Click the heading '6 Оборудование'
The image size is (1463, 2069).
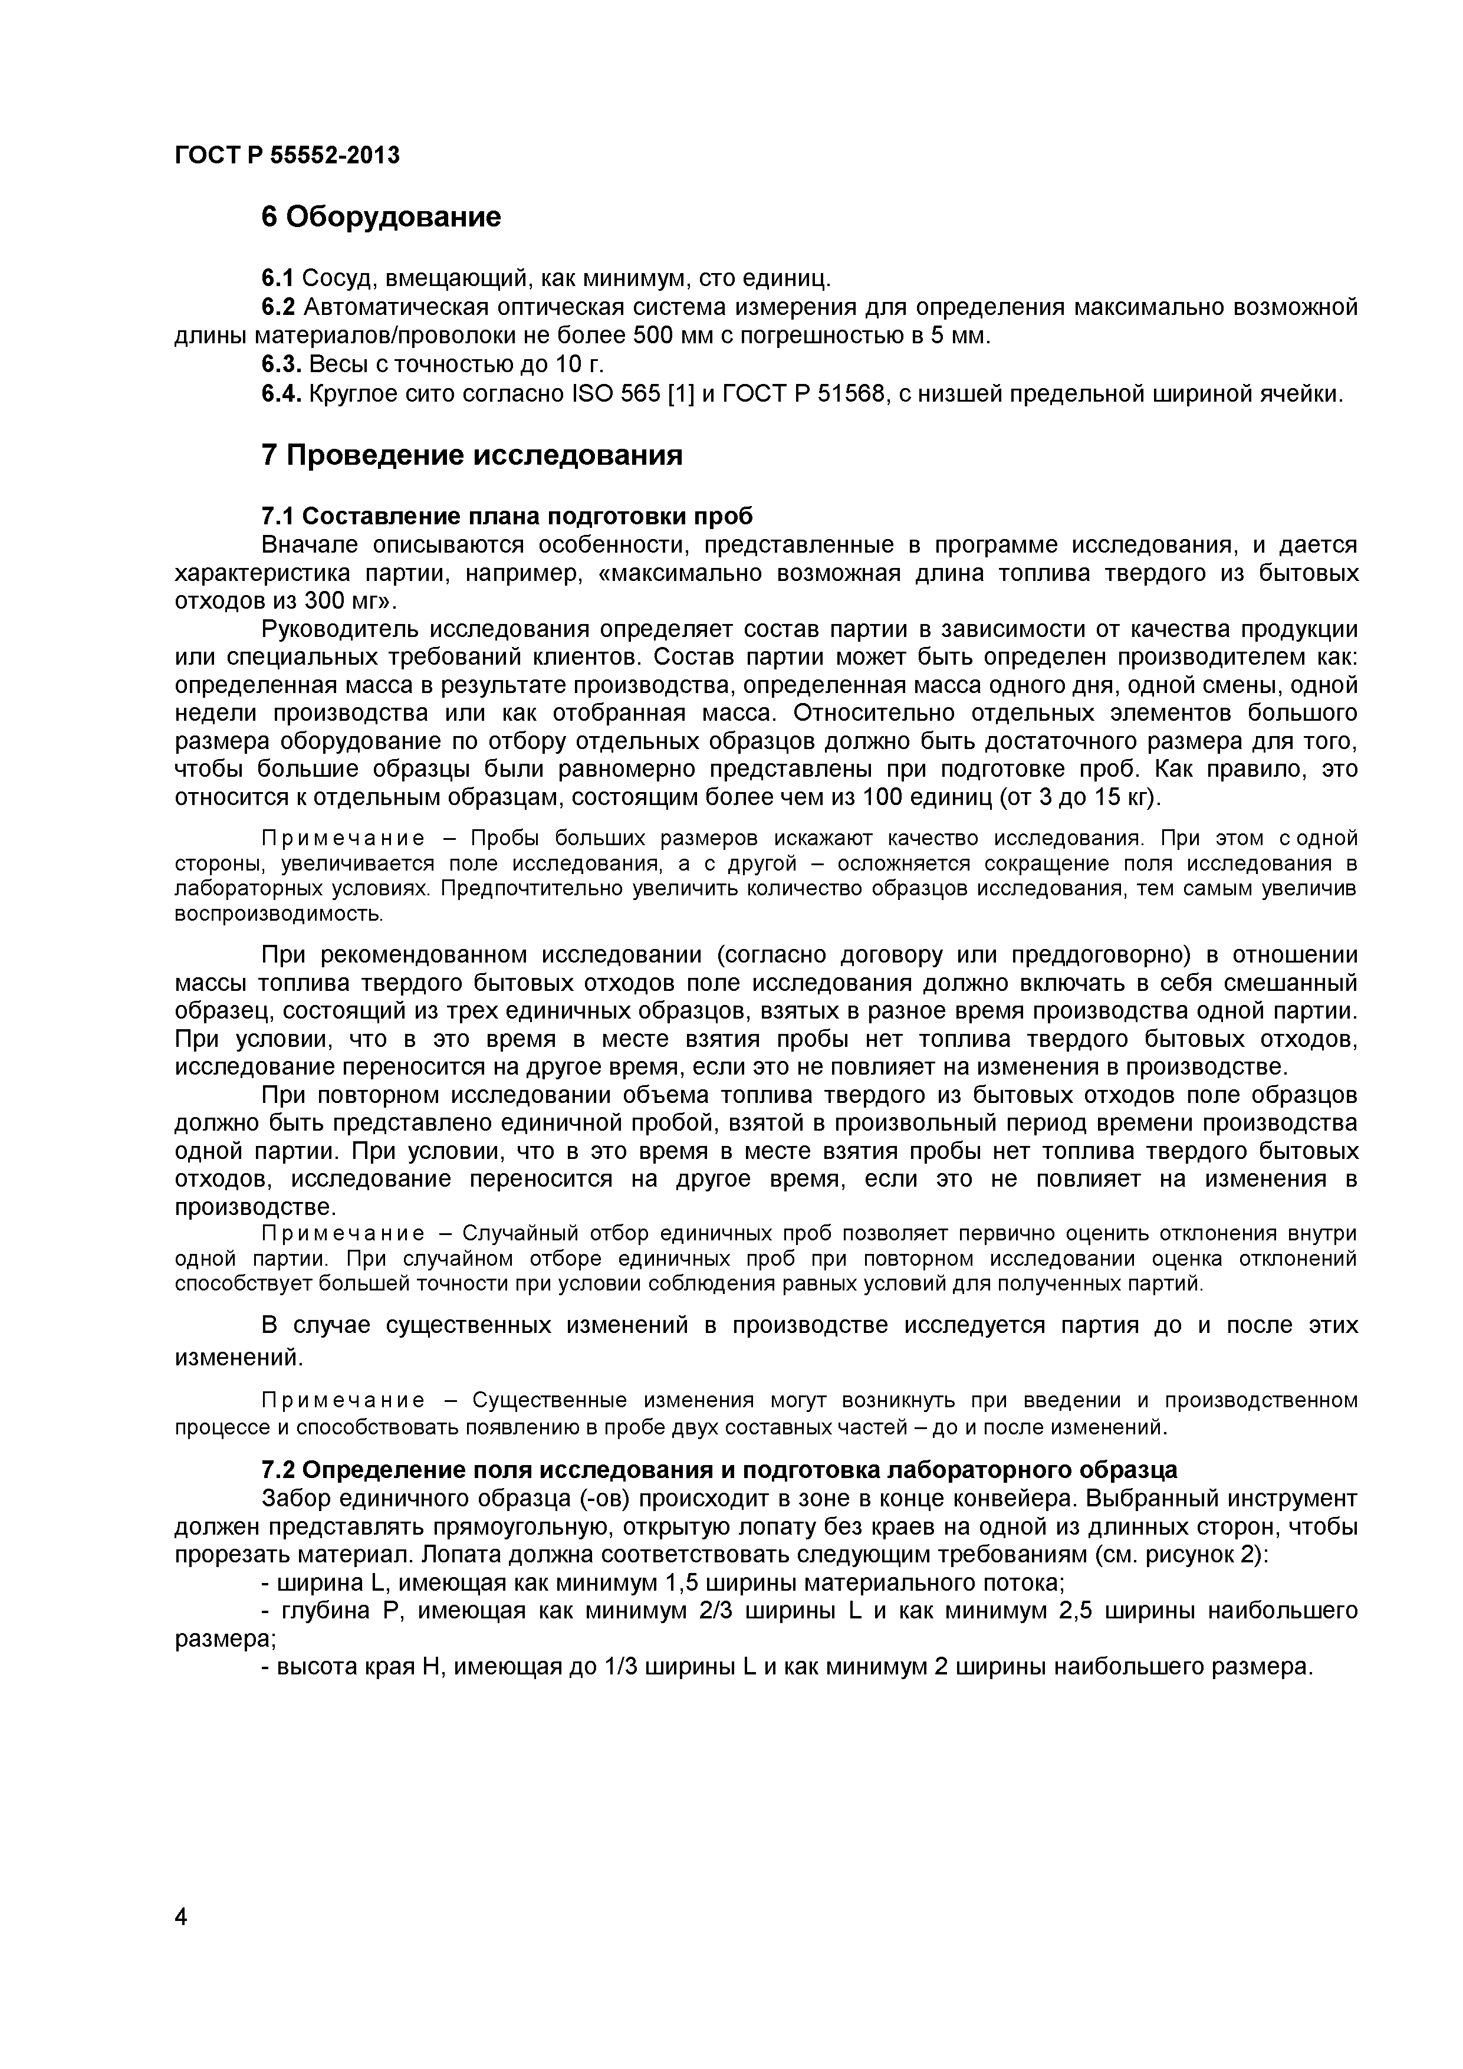click(380, 217)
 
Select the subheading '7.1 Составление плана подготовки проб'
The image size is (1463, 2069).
click(507, 516)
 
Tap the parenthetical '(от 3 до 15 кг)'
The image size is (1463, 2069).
click(1081, 797)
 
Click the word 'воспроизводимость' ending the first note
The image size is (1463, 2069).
click(278, 914)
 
